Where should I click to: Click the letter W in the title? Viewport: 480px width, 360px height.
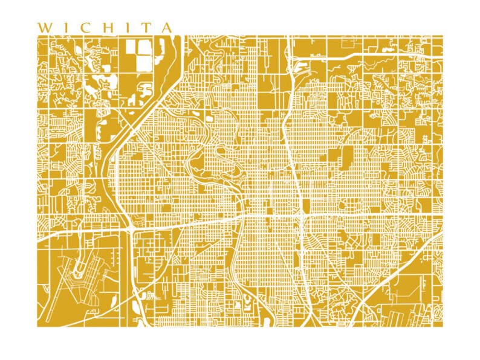(44, 28)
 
